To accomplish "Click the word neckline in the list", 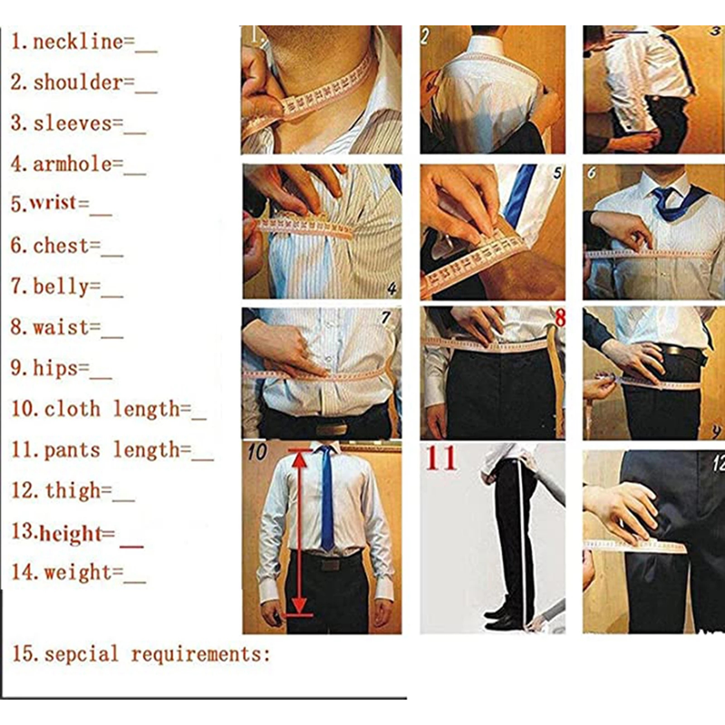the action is click(x=78, y=42).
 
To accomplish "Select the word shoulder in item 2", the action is click(x=78, y=82).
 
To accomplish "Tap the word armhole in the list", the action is click(x=72, y=164).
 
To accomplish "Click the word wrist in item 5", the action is click(x=53, y=202).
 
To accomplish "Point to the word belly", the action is click(x=61, y=286).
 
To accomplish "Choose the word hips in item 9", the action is click(x=55, y=368).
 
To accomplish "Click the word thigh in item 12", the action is click(x=72, y=490).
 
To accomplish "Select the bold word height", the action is click(x=71, y=533).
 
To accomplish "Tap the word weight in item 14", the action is click(x=78, y=573).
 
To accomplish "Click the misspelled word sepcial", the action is click(x=82, y=654).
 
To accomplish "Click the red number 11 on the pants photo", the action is click(x=441, y=459).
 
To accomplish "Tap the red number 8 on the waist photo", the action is click(x=560, y=318).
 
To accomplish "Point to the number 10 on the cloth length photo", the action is click(x=257, y=452).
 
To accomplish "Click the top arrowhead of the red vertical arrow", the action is click(x=300, y=458).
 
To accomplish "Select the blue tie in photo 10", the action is click(x=327, y=498).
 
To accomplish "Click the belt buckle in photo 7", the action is click(x=331, y=428).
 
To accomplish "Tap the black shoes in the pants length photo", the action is click(x=500, y=617).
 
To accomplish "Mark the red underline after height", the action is click(x=131, y=547).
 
